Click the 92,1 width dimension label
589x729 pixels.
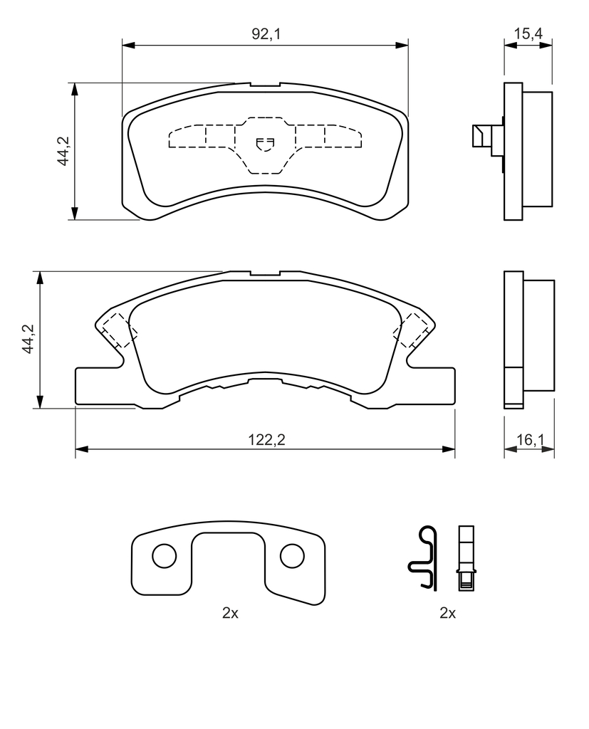[x=266, y=33]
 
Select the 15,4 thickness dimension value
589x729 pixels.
[x=528, y=33]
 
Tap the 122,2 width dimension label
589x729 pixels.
[x=266, y=439]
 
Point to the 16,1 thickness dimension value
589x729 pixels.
[x=530, y=439]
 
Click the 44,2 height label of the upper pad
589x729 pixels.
[x=63, y=151]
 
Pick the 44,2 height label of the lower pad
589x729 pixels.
[x=29, y=339]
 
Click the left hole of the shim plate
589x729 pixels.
[x=165, y=555]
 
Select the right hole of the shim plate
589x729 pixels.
[x=292, y=555]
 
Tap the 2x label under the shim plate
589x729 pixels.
[x=230, y=613]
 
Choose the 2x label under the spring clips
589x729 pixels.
[x=447, y=613]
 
